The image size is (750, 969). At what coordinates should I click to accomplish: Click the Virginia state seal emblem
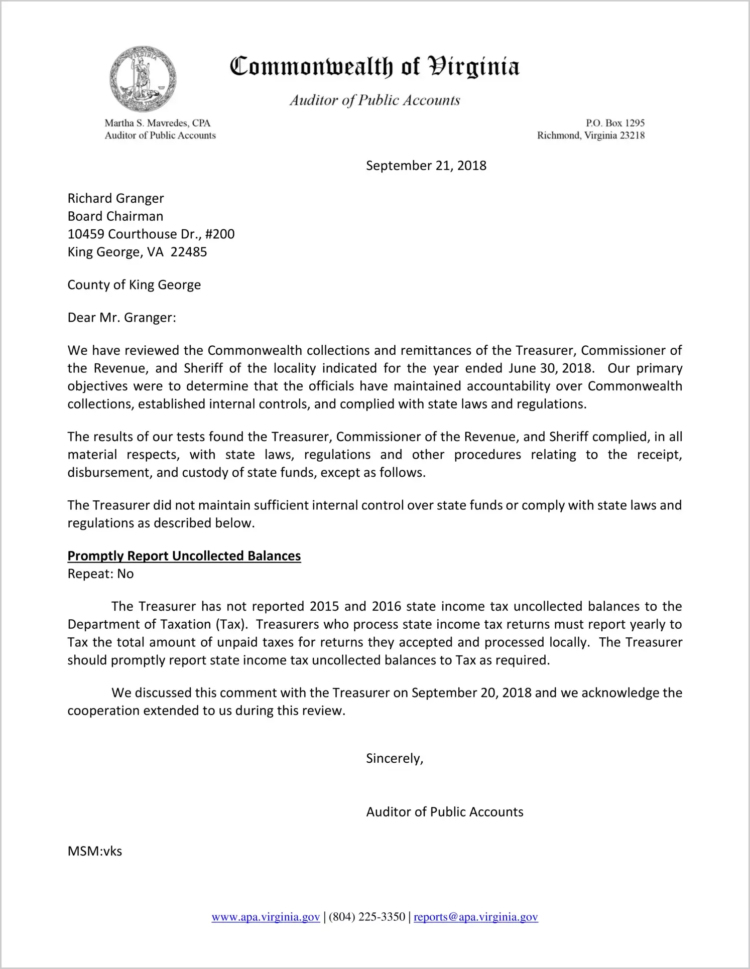pyautogui.click(x=143, y=79)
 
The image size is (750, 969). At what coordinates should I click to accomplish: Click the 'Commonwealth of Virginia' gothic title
pyautogui.click(x=374, y=67)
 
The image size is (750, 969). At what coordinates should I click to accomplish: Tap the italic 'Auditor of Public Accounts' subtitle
pyautogui.click(x=374, y=100)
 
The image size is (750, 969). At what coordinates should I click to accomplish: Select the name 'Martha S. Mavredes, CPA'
pyautogui.click(x=157, y=123)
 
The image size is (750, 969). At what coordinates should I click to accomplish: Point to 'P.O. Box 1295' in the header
pyautogui.click(x=615, y=123)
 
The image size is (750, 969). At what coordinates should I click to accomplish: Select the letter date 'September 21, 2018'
pyautogui.click(x=426, y=166)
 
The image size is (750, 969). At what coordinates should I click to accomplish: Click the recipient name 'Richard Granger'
pyautogui.click(x=115, y=198)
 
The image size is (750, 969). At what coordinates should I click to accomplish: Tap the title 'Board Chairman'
pyautogui.click(x=115, y=216)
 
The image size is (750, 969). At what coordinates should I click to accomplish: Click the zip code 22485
pyautogui.click(x=189, y=252)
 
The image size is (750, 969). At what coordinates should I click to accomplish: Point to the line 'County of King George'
pyautogui.click(x=134, y=285)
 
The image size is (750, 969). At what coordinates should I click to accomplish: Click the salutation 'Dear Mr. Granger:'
pyautogui.click(x=122, y=318)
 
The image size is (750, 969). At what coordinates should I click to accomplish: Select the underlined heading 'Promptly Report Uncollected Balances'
pyautogui.click(x=184, y=556)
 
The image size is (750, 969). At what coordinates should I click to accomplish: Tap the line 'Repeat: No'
pyautogui.click(x=100, y=574)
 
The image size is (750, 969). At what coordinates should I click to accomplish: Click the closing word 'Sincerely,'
pyautogui.click(x=395, y=758)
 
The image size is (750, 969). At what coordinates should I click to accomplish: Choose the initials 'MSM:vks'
pyautogui.click(x=95, y=851)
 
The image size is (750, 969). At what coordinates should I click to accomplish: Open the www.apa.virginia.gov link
pyautogui.click(x=266, y=917)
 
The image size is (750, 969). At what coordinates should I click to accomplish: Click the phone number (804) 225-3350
pyautogui.click(x=367, y=917)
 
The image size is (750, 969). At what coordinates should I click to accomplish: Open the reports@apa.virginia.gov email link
pyautogui.click(x=475, y=917)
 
